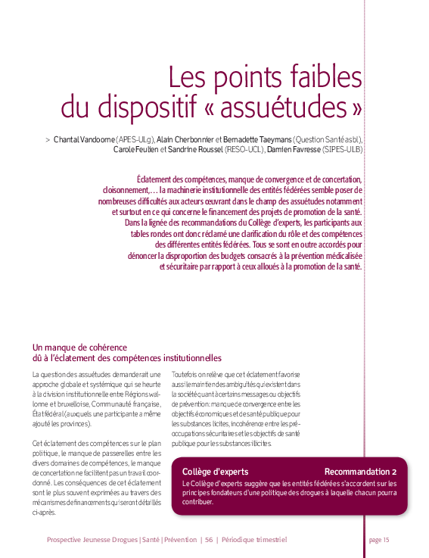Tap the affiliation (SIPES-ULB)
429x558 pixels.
(342, 150)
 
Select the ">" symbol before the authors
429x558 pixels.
(48, 140)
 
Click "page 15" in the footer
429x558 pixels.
(378, 540)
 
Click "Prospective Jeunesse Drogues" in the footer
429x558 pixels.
(92, 540)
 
